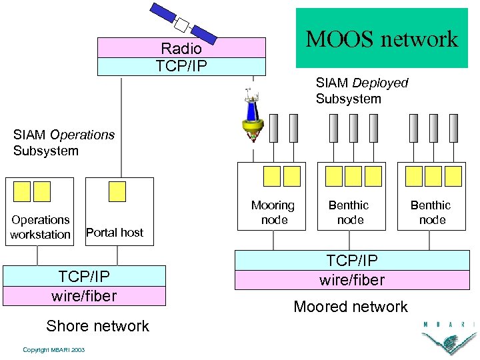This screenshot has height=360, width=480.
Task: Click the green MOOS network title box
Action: pos(381,38)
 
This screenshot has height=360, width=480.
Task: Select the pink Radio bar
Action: pos(181,48)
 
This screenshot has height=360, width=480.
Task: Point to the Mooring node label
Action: pos(273,213)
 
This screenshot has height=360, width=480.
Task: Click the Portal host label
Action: pos(115,233)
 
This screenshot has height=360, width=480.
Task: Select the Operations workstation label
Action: pos(40,227)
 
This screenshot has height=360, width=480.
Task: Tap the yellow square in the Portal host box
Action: pos(117,191)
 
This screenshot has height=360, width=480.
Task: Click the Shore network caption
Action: pos(97,326)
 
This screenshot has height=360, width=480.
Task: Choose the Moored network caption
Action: pos(351,307)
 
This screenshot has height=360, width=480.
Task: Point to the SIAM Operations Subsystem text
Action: pos(64,143)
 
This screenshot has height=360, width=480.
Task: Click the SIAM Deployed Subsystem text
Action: pos(362,91)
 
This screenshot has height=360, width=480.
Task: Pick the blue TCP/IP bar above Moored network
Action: pos(352,261)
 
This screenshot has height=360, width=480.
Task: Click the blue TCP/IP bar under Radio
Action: pos(181,67)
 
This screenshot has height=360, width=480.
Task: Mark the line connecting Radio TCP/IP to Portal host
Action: pos(121,127)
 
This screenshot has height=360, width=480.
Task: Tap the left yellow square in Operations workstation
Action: pos(23,191)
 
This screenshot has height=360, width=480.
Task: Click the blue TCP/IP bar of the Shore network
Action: pos(84,276)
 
